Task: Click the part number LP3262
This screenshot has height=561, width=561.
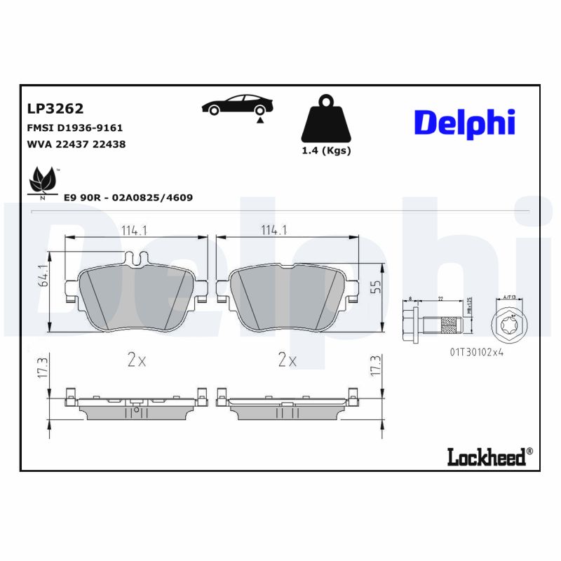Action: point(55,109)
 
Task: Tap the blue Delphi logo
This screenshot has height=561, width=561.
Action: point(464,122)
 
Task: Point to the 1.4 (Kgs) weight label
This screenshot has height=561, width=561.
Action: point(326,151)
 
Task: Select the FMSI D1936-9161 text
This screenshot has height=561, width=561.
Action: point(75,128)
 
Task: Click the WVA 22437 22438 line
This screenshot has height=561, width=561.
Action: point(76,144)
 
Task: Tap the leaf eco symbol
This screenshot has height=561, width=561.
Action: point(43,181)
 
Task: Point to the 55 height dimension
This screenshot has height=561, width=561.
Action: point(376,287)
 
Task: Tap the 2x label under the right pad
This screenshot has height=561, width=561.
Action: point(287,361)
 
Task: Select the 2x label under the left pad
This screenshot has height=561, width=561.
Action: point(136,361)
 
